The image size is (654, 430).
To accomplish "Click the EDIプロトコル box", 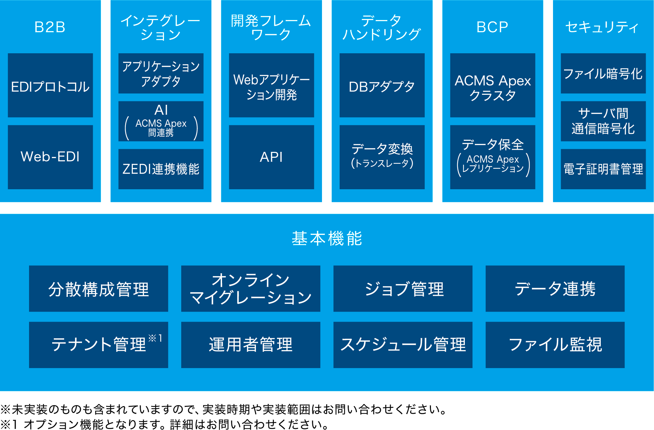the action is pos(50,85).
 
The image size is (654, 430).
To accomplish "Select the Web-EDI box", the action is pos(50,157).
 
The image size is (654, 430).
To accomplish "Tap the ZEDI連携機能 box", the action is pos(161,169).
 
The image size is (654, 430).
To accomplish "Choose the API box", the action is pos(271,157).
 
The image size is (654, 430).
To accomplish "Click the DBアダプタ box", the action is pos(382,85).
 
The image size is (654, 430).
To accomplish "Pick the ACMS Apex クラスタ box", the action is pos(492,85).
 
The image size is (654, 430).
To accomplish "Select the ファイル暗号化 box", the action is pos(603,73).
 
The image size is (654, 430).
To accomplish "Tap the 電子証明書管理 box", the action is pos(603,169).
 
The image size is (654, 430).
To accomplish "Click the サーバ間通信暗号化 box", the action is pos(603,121).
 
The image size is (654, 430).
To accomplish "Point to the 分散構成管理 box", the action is pos(99,289).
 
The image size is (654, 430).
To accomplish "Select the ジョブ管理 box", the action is pos(403,289).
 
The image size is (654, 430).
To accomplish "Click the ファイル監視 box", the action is pos(555,345).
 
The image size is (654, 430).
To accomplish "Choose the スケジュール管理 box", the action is pos(403,345).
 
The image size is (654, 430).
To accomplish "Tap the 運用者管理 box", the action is pos(251,345).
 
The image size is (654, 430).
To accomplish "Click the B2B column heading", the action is pos(50,27).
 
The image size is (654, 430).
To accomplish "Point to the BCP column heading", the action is pos(492,27).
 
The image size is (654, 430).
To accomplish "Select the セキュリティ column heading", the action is pos(602,27).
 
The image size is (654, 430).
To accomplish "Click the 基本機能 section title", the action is pos(327,238).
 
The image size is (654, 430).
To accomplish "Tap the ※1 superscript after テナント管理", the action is pos(155,338).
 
